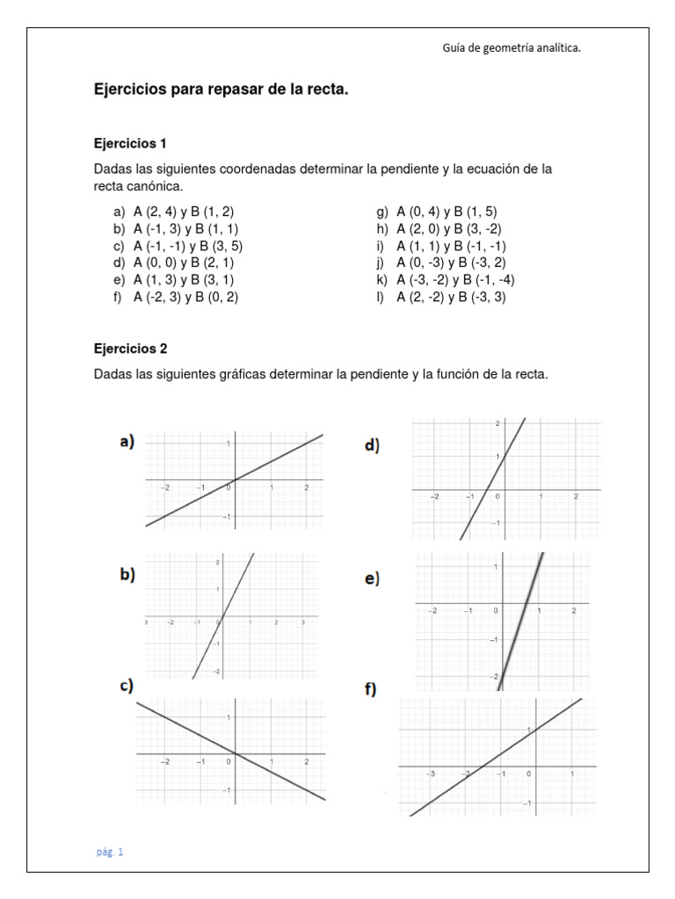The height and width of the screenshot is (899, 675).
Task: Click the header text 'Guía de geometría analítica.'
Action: [x=511, y=48]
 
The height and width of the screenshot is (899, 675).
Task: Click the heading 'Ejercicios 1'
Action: [x=130, y=142]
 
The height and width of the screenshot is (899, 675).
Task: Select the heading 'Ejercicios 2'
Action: [x=130, y=348]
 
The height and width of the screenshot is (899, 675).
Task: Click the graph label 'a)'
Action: [x=127, y=442]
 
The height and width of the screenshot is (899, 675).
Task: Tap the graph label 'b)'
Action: [x=127, y=575]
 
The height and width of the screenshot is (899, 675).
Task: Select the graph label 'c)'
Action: [x=127, y=687]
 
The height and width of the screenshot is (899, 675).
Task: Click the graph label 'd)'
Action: [x=371, y=446]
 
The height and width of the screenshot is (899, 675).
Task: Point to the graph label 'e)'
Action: [x=371, y=578]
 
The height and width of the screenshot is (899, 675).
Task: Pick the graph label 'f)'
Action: [x=370, y=690]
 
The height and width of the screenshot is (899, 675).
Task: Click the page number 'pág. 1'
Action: [x=111, y=851]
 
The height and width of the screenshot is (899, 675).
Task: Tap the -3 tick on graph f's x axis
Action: [x=431, y=773]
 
